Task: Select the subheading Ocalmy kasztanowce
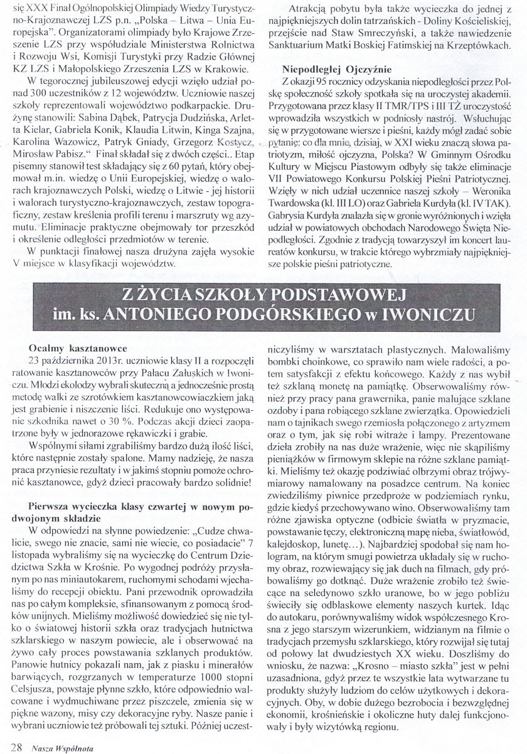pos(78,348)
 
